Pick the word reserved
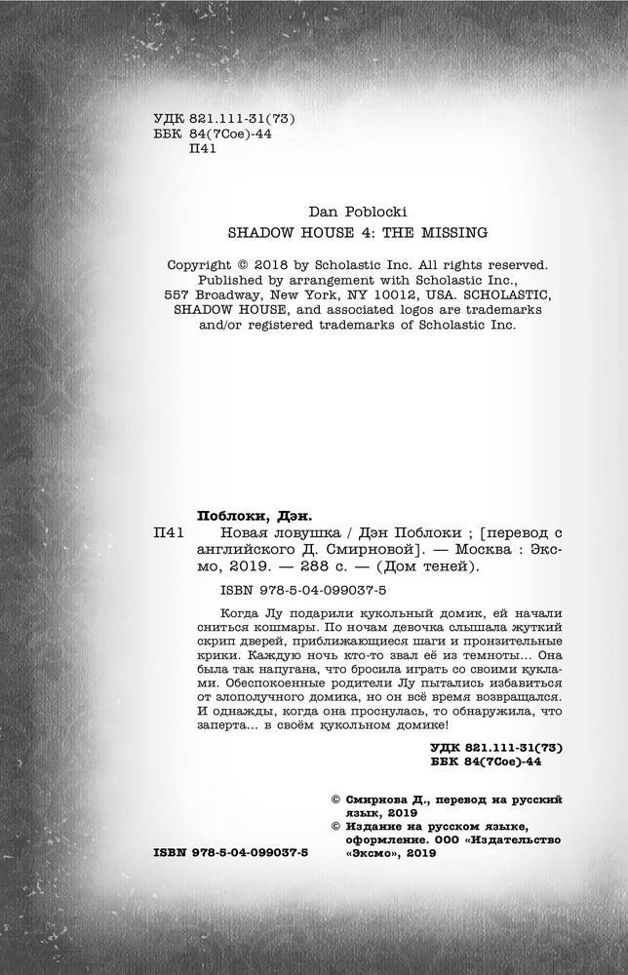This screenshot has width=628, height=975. tap(513, 263)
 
